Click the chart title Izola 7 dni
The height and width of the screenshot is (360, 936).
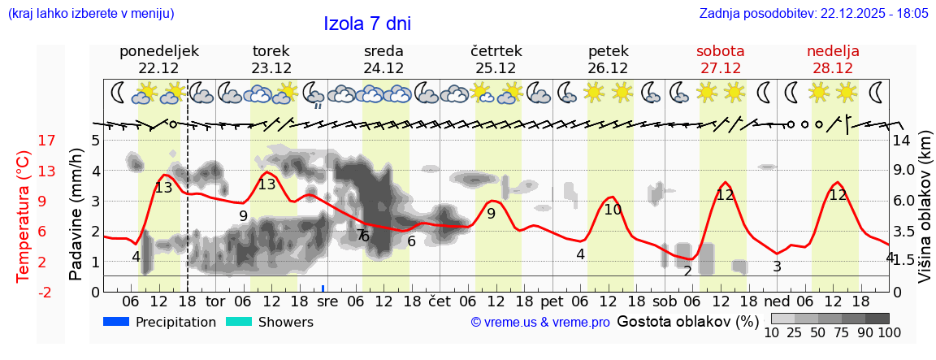367,24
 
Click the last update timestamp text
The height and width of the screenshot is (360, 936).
813,14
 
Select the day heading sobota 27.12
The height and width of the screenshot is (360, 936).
720,59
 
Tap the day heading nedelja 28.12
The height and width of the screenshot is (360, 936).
833,59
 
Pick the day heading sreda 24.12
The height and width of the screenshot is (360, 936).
383,59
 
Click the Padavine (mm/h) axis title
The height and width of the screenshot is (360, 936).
76,215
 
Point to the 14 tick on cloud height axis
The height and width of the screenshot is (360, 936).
903,141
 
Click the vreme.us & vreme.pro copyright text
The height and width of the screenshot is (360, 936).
540,323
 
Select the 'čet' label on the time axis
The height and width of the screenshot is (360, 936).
439,301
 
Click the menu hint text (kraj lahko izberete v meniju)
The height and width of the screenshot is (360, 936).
91,14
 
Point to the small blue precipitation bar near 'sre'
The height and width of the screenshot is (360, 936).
323,288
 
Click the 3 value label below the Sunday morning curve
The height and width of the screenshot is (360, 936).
777,267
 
